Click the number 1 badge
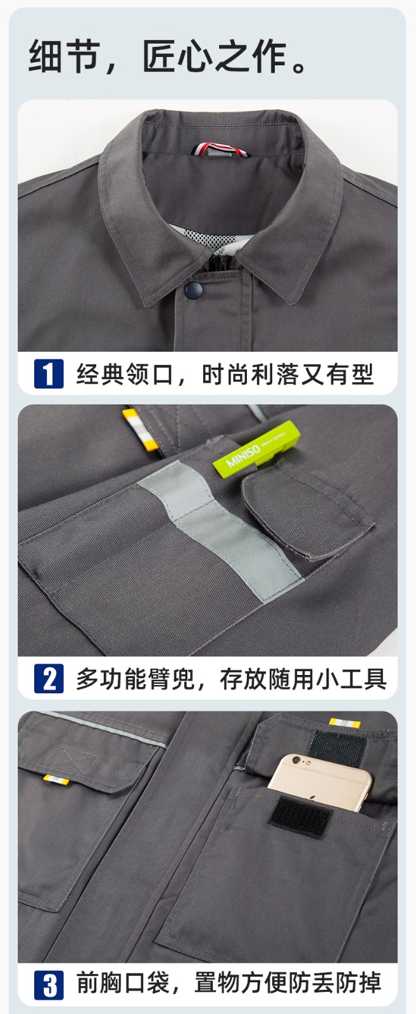49,373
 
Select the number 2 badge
49,678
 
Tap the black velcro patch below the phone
301,817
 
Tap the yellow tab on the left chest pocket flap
55,779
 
